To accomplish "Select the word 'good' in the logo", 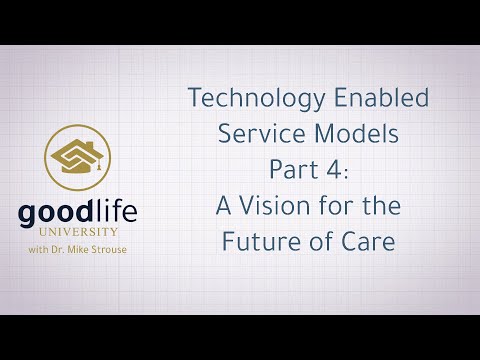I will [x=56, y=215].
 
